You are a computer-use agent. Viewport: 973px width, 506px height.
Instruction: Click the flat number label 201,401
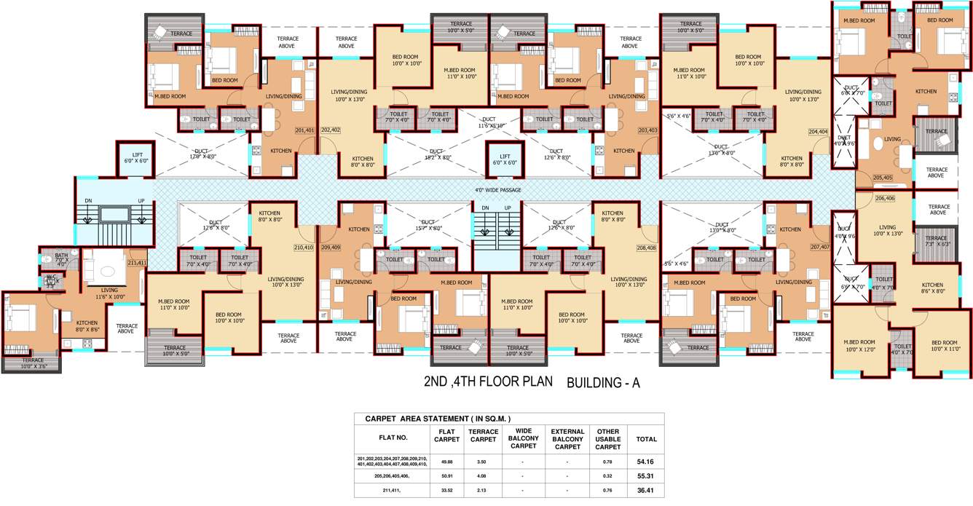coord(305,130)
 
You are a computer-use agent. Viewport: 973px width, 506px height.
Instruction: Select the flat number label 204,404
coord(818,132)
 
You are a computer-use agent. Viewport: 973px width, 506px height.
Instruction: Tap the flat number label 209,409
coord(330,248)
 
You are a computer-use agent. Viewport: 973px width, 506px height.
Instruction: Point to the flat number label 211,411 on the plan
coord(137,263)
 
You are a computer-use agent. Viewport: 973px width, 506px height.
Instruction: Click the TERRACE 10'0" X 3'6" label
coord(33,363)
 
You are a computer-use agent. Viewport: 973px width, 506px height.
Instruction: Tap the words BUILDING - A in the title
coord(602,382)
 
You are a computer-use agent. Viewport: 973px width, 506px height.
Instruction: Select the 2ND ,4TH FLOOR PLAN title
coord(488,382)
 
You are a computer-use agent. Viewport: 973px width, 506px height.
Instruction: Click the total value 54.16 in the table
coord(645,462)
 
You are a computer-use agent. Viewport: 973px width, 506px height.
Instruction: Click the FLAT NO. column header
coord(393,438)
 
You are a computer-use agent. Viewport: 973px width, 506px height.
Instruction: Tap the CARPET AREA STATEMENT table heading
coord(433,419)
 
